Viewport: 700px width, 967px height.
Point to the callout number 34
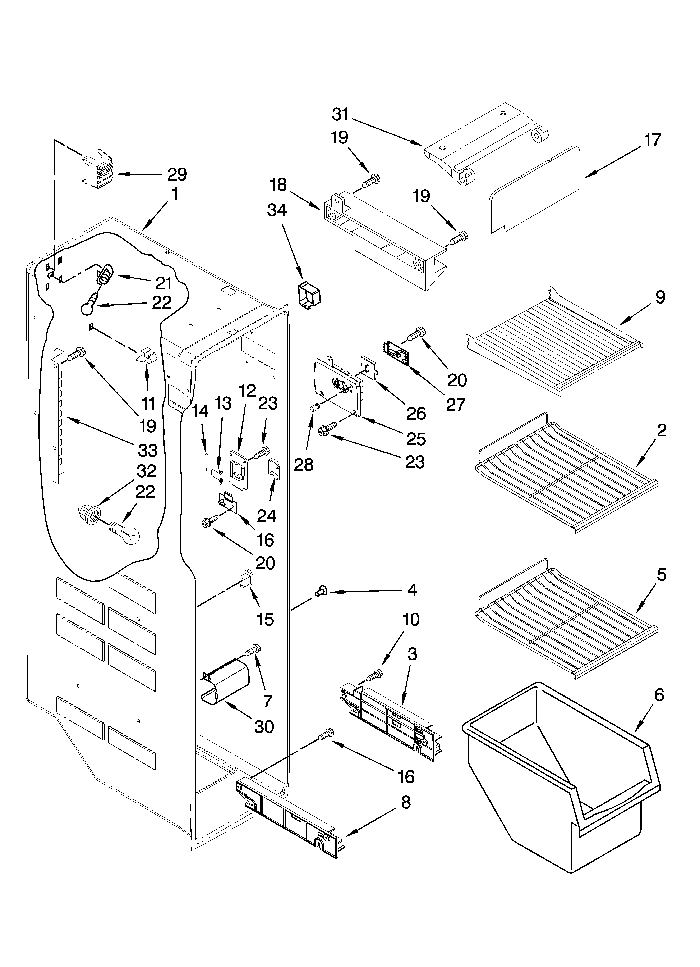click(x=277, y=210)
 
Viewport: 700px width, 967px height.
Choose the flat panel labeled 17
click(x=535, y=190)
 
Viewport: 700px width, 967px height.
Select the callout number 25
click(x=416, y=439)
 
